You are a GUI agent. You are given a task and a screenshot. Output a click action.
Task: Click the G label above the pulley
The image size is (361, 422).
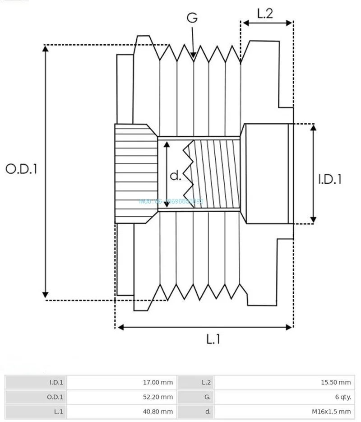(193, 18)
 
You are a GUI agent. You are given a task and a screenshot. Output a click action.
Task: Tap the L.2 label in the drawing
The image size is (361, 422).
(265, 14)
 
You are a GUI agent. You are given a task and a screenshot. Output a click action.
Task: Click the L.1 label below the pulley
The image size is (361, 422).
(213, 339)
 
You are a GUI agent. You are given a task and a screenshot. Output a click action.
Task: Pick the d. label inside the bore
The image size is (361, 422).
(176, 175)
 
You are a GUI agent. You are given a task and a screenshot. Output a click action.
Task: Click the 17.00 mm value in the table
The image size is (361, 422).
(158, 383)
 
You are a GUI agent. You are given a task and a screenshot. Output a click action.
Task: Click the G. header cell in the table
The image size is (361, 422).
(207, 397)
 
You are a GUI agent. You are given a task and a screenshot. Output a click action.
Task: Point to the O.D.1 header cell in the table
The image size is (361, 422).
(56, 397)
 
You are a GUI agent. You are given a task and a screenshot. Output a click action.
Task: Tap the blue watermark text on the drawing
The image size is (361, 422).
(171, 201)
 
